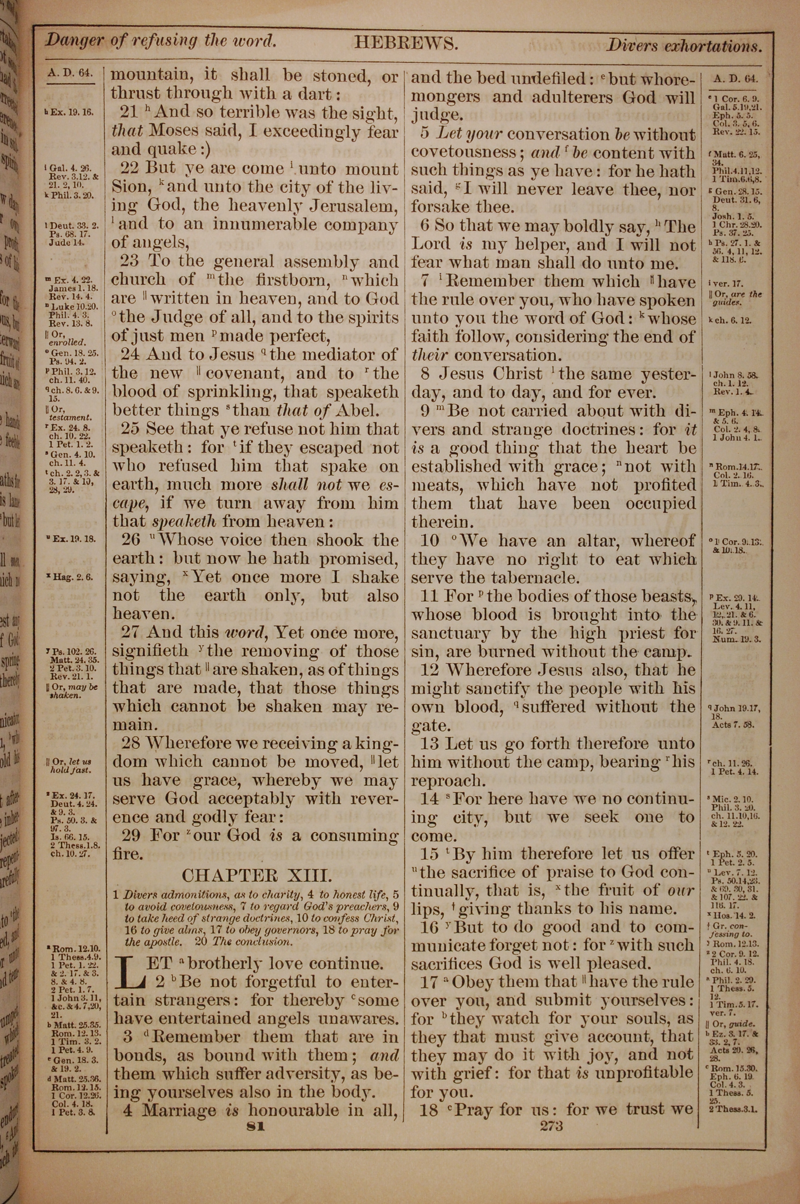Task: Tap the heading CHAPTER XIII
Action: (x=257, y=876)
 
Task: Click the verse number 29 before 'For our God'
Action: (x=131, y=835)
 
